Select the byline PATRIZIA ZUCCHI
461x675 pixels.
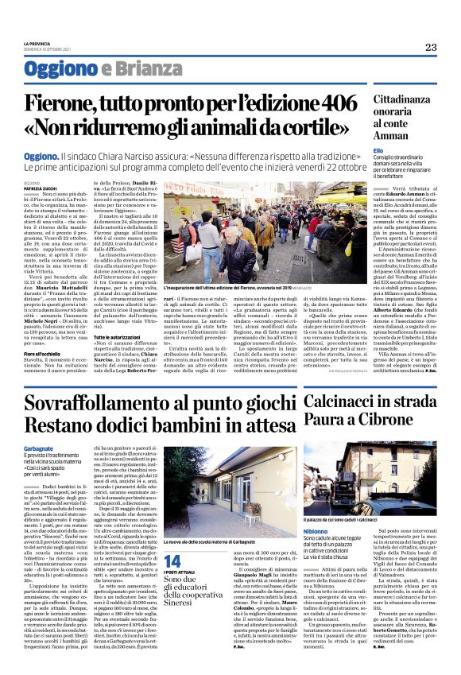[40, 187]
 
